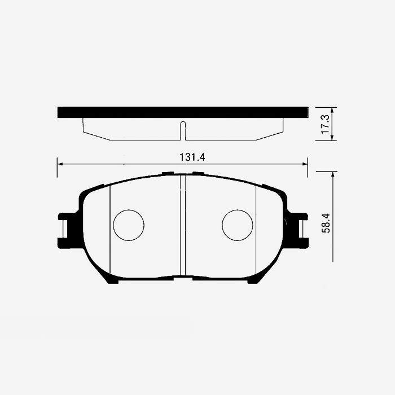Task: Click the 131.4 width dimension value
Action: pyautogui.click(x=192, y=157)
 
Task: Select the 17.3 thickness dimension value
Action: pyautogui.click(x=324, y=124)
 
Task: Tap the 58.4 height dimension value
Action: pyautogui.click(x=324, y=224)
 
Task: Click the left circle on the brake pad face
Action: pyautogui.click(x=129, y=225)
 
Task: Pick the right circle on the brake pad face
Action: pyautogui.click(x=237, y=225)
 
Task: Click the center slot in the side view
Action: pyautogui.click(x=182, y=130)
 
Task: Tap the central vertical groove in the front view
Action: pyautogui.click(x=183, y=226)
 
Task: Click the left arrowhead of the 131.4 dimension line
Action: pyautogui.click(x=60, y=164)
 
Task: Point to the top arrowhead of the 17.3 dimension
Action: pyautogui.click(x=332, y=111)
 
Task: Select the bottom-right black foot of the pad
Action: pyautogui.click(x=253, y=280)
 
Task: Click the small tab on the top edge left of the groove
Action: pyautogui.click(x=168, y=173)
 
